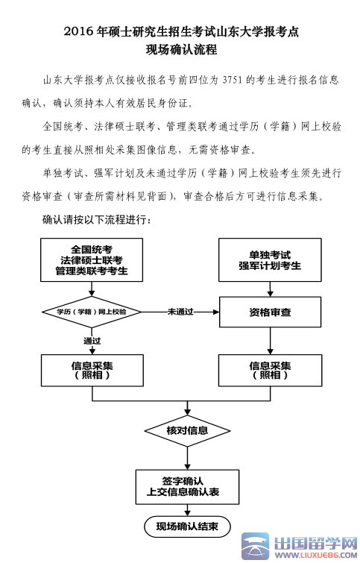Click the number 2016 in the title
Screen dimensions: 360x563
click(x=78, y=32)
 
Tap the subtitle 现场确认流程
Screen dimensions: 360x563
click(x=182, y=49)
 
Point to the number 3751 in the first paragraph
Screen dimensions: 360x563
click(x=233, y=80)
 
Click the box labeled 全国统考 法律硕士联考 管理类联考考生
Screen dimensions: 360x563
click(x=92, y=260)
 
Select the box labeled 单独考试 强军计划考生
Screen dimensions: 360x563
click(x=270, y=260)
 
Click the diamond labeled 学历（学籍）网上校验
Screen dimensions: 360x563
click(x=92, y=312)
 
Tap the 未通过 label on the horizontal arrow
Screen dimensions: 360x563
click(x=180, y=312)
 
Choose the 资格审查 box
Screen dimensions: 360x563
click(x=270, y=312)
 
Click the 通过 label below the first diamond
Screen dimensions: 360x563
click(x=92, y=341)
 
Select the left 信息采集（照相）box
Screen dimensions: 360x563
click(x=92, y=371)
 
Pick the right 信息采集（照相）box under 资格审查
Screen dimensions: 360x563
click(x=270, y=371)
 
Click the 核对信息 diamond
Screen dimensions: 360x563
click(x=187, y=430)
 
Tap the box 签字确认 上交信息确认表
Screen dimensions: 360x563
click(x=187, y=487)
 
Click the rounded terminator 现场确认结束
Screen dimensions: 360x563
click(x=187, y=526)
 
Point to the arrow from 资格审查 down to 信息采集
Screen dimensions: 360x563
click(x=271, y=341)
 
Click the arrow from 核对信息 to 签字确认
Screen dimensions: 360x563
click(x=187, y=458)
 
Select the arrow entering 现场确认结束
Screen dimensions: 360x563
click(x=187, y=510)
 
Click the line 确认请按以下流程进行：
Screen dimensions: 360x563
click(x=97, y=219)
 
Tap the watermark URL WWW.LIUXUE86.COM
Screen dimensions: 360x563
click(x=316, y=555)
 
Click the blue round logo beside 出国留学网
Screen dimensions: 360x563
click(x=255, y=546)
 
